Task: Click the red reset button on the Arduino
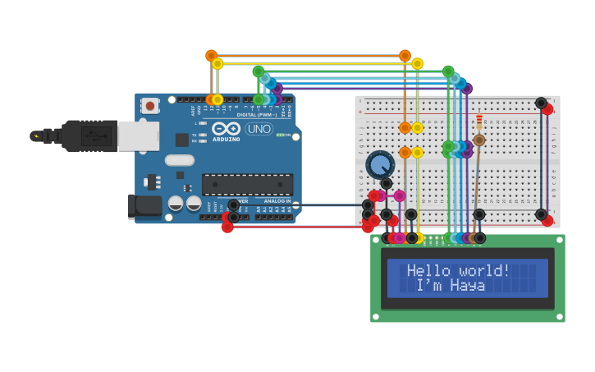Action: (149, 105)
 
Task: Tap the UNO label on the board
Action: (259, 129)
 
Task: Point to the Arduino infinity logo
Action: (226, 129)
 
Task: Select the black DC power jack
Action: (144, 206)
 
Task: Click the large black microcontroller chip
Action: (247, 185)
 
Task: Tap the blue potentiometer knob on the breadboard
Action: (379, 165)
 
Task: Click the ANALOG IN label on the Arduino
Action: (277, 201)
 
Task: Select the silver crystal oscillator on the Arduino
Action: (179, 160)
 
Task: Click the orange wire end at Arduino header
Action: (212, 99)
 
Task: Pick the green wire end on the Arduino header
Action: (259, 99)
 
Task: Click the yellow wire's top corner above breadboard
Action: (417, 64)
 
